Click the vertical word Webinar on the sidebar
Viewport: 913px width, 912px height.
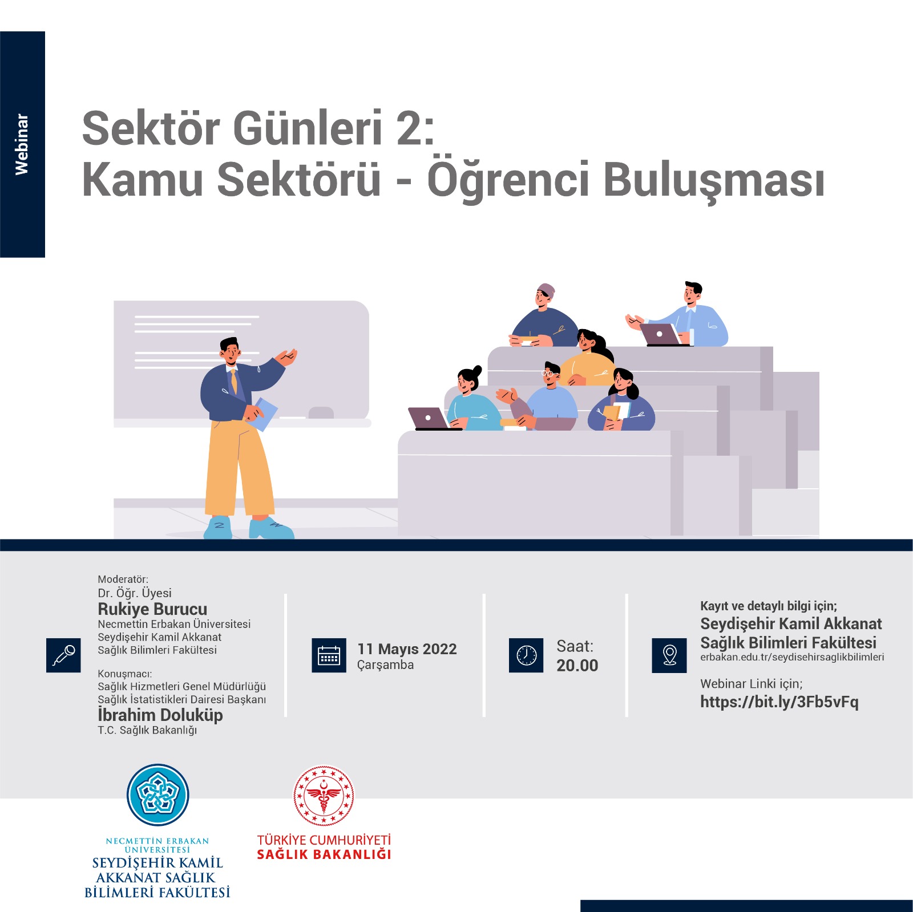(x=22, y=144)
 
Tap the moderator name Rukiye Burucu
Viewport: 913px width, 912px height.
(x=152, y=609)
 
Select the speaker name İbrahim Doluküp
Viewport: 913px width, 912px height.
(x=160, y=715)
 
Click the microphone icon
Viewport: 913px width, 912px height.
(x=63, y=655)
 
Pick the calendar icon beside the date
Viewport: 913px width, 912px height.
(x=329, y=655)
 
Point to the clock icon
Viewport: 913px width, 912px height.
(x=526, y=655)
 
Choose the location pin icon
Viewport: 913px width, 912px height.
(x=669, y=655)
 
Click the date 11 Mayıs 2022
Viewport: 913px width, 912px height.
(x=407, y=649)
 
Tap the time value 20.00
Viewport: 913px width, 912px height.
(x=577, y=666)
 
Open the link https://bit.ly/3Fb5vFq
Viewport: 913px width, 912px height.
(x=779, y=702)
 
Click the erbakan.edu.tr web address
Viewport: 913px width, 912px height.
(x=792, y=657)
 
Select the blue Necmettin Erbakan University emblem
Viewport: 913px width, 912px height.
(x=157, y=795)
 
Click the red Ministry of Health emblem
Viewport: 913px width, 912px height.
(x=324, y=795)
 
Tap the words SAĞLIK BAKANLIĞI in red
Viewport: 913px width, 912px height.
(x=324, y=854)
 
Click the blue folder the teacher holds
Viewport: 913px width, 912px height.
(x=263, y=414)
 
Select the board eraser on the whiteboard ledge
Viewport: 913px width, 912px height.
(x=321, y=412)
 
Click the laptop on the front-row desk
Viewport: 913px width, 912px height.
(x=431, y=419)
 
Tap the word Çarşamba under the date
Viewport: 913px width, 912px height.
(x=385, y=665)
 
